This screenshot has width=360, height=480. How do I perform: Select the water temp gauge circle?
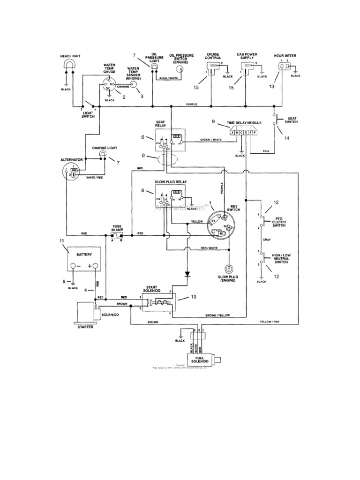109,85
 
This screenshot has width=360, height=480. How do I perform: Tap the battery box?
82,260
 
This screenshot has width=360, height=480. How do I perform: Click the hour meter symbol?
283,67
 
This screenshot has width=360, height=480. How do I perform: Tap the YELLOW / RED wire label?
270,322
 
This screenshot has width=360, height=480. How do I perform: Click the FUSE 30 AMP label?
117,227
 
